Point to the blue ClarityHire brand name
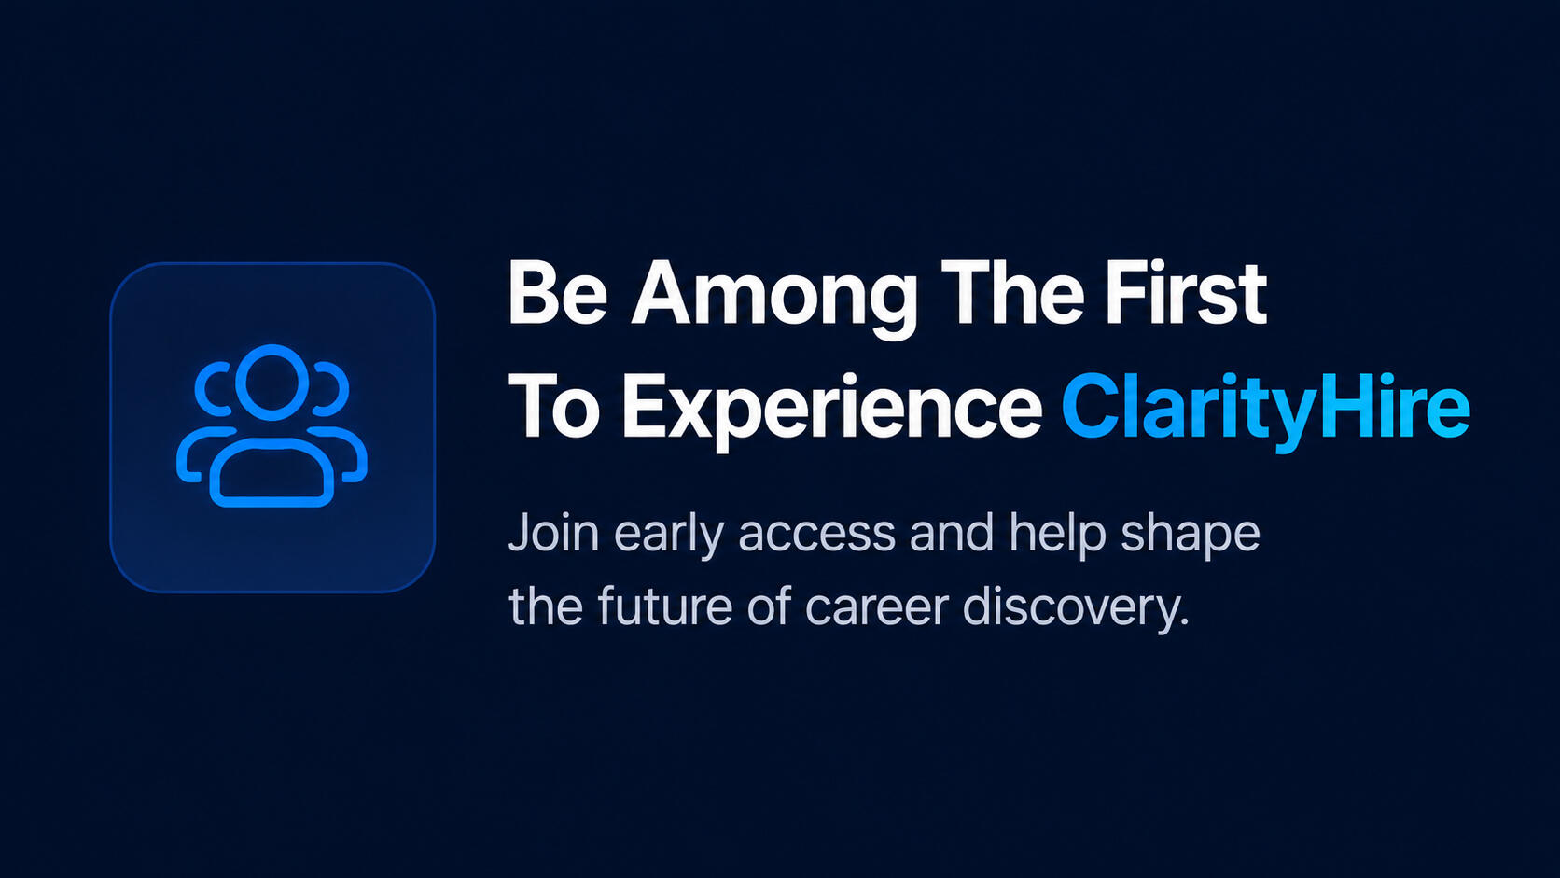point(1265,411)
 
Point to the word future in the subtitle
point(664,606)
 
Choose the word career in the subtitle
point(877,608)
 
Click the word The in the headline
point(1016,293)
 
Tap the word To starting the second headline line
point(554,405)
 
